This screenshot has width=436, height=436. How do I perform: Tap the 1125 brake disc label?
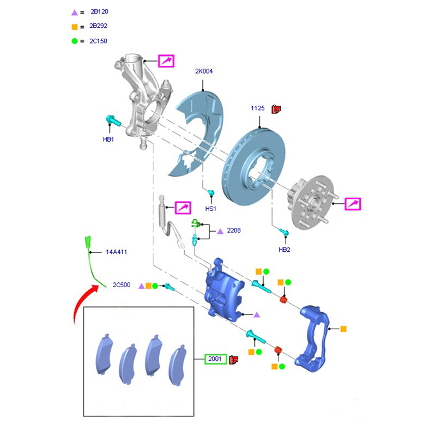[257, 108]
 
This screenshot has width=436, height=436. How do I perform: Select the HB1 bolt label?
[108, 140]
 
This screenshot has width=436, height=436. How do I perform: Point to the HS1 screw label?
[210, 209]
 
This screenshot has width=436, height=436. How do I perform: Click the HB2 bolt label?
[284, 250]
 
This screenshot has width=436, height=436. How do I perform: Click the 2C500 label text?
[122, 285]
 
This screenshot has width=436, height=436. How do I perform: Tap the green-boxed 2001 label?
[216, 359]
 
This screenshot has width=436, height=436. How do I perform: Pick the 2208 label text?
[234, 231]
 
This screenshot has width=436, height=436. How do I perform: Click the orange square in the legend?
[75, 26]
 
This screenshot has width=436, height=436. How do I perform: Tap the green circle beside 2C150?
[75, 41]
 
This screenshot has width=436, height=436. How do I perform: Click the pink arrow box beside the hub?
[353, 204]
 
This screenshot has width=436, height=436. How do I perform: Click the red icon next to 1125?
[276, 108]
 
